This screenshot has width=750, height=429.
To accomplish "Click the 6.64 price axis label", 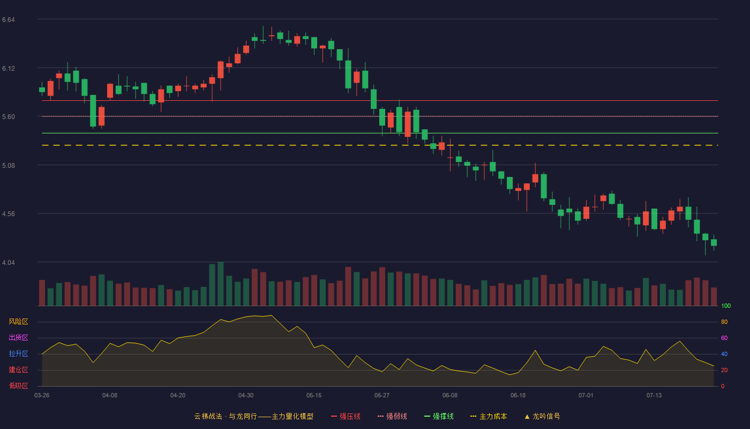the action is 9,20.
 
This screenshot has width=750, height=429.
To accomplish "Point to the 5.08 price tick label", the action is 9,166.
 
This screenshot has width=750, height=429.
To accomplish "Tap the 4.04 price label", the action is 9,263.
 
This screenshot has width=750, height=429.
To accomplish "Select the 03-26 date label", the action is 42,396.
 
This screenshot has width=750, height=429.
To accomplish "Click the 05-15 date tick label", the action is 314,396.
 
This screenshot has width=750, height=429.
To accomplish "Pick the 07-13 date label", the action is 654,396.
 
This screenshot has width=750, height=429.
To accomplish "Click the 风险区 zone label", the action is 18,322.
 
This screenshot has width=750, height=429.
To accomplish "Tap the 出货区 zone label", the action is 18,337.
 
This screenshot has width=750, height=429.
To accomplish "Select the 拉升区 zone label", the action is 18,353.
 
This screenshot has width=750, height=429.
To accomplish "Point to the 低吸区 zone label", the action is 18,386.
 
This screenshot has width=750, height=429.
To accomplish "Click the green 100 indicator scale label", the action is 726,306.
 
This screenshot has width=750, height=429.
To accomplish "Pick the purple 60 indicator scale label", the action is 724,338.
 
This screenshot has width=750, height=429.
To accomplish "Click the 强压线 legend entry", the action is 346,416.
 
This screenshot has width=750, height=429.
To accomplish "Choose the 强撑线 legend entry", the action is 439,416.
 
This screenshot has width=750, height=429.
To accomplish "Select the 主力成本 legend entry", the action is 489,416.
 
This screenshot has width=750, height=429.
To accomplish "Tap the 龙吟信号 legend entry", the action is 542,416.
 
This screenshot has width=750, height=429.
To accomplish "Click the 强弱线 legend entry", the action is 392,416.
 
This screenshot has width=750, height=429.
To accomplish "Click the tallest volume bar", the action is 221,284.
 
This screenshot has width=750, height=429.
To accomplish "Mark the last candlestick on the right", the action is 714,242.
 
